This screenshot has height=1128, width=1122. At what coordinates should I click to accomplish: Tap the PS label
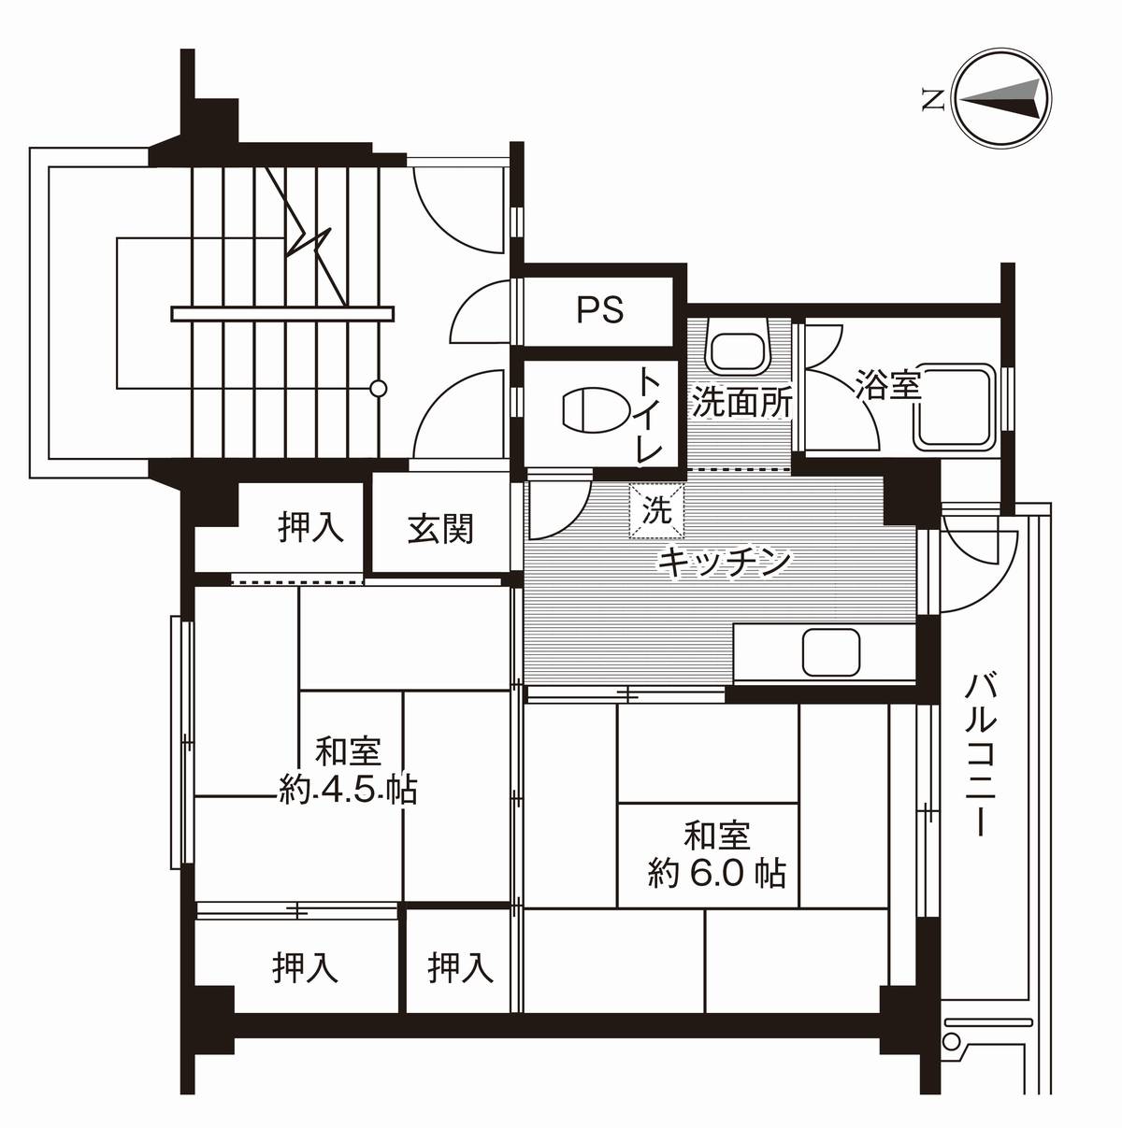click(599, 309)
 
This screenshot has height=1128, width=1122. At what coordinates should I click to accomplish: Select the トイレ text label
click(651, 414)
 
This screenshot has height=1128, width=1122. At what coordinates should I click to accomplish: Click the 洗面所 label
click(741, 403)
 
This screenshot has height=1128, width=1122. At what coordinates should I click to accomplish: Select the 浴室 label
click(887, 384)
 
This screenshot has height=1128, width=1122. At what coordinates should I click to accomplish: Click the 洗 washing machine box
click(656, 511)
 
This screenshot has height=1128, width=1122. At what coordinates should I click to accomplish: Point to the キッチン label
click(725, 562)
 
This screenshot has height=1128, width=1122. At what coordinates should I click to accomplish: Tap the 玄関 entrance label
click(439, 529)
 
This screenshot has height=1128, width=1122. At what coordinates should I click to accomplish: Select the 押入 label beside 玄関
click(310, 528)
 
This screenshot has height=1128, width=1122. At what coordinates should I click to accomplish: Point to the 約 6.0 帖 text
click(717, 873)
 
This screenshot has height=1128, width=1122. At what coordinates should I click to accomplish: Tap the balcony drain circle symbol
click(952, 1041)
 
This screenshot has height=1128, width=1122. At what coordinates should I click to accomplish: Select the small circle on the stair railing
click(378, 388)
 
